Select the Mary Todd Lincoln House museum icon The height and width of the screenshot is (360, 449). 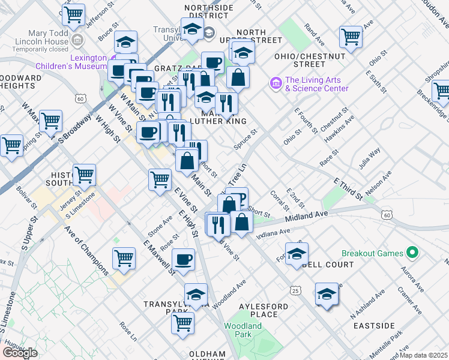tap(77, 41)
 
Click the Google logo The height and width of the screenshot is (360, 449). tap(20, 352)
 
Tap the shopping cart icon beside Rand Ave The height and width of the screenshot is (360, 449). tap(351, 36)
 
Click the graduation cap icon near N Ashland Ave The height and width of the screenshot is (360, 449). tap(327, 294)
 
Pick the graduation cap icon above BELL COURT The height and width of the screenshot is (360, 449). tap(297, 254)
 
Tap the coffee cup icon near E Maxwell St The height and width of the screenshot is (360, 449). tap(183, 259)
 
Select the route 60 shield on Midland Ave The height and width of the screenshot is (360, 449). tap(387, 214)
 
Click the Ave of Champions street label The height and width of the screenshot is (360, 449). tap(86, 250)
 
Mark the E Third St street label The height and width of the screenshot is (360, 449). tap(348, 188)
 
